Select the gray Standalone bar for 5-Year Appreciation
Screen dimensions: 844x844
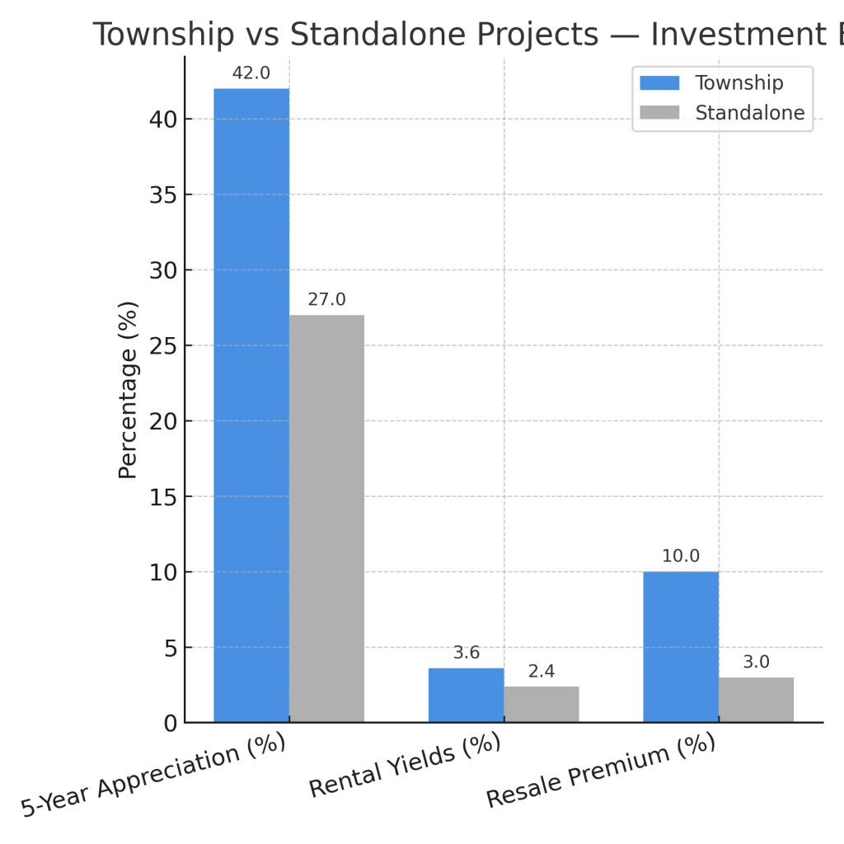(x=326, y=518)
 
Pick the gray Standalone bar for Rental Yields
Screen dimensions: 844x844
(x=541, y=704)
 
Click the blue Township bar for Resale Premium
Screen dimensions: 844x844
(x=681, y=647)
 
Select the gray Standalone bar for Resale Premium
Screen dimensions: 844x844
(x=756, y=700)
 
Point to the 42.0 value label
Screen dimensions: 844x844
(x=251, y=73)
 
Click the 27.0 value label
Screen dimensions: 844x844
(x=326, y=300)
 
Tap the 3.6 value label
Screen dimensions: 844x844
(x=466, y=653)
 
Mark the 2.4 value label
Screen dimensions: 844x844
(x=541, y=671)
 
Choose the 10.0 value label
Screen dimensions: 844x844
(x=681, y=556)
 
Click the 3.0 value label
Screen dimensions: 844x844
(x=756, y=662)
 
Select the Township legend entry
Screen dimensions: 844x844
(x=738, y=83)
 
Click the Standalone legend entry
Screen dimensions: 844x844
(x=749, y=113)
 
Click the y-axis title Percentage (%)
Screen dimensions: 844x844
(x=128, y=389)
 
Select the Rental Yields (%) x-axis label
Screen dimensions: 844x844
(x=405, y=765)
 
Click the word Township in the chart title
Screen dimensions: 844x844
(x=162, y=35)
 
